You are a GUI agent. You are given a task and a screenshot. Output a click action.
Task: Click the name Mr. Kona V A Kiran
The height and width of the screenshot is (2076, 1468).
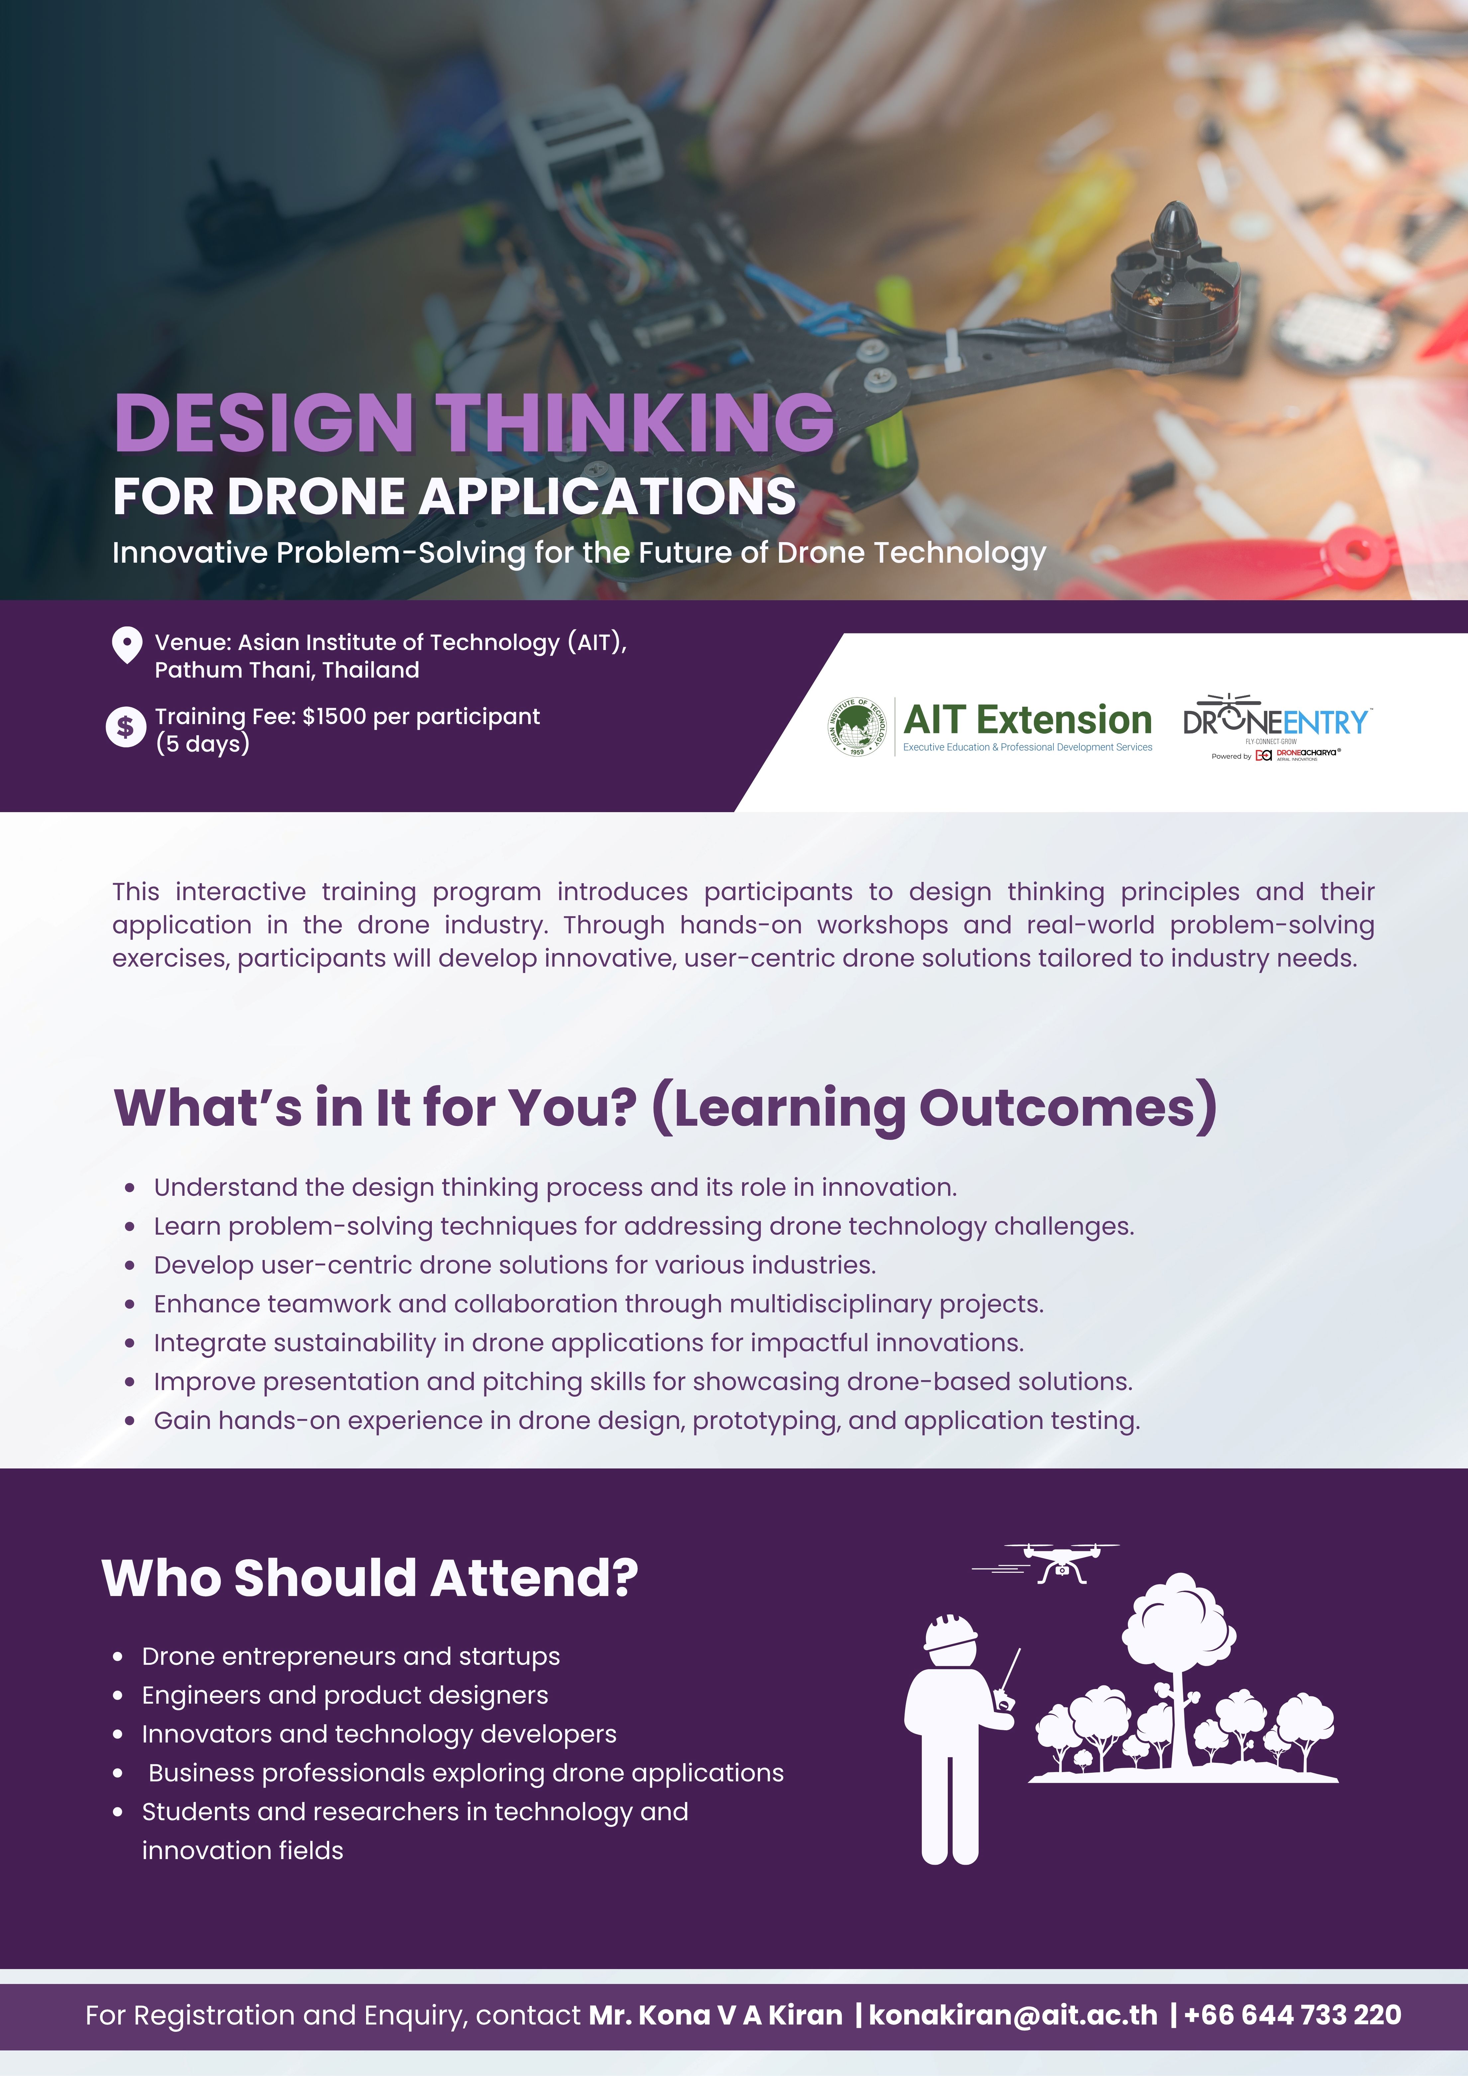(x=716, y=2016)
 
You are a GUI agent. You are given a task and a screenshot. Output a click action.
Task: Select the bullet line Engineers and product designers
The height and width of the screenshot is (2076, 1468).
(x=344, y=1695)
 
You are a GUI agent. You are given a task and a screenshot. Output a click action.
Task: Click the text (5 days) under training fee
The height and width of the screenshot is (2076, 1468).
(x=203, y=744)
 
